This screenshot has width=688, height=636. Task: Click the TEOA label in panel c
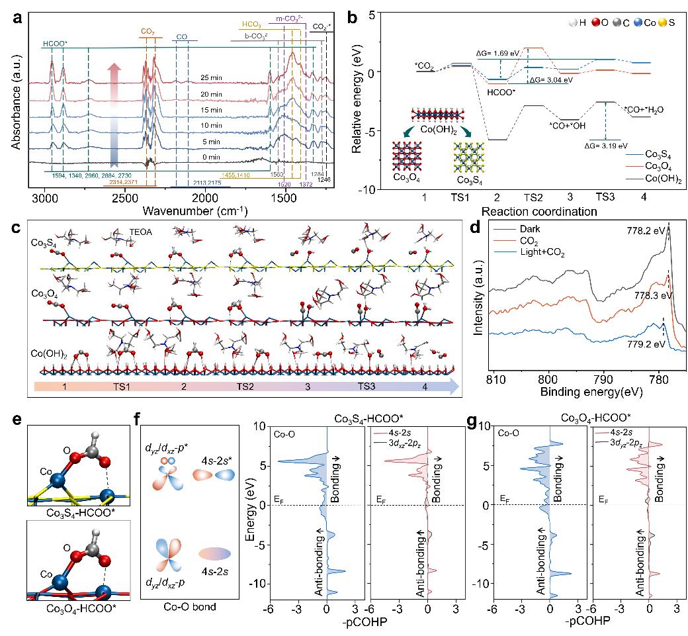(143, 234)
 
